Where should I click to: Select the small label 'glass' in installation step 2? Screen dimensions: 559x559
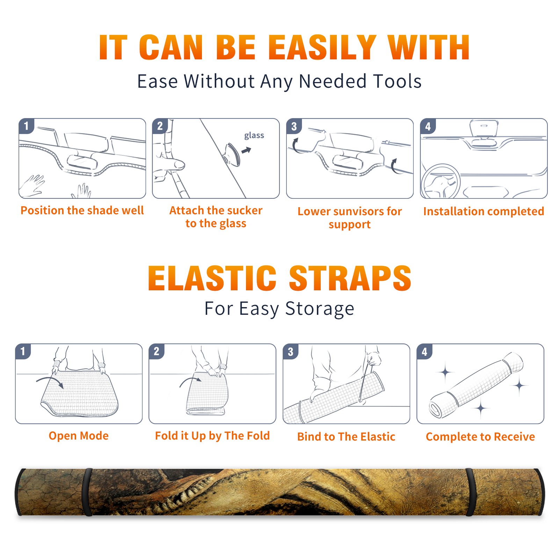254,136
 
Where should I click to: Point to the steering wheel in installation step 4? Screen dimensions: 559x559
440,182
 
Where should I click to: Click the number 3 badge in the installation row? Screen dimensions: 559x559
294,126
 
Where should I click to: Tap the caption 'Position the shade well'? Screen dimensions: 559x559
82,210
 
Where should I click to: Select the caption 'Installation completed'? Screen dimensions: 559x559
484,211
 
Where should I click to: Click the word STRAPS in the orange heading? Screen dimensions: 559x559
350,278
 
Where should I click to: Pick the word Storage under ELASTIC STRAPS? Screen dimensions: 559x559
320,309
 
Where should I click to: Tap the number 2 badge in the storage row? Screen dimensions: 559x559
157,351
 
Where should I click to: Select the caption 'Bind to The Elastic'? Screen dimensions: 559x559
346,437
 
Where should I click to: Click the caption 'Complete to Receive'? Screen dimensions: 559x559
480,437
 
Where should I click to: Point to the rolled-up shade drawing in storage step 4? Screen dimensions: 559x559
476,385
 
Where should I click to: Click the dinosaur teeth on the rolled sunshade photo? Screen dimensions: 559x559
182,496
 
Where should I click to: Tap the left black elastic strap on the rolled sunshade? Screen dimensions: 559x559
87,492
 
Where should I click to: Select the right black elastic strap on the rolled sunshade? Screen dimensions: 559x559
470,492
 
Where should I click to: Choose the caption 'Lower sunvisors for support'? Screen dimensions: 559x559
350,218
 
